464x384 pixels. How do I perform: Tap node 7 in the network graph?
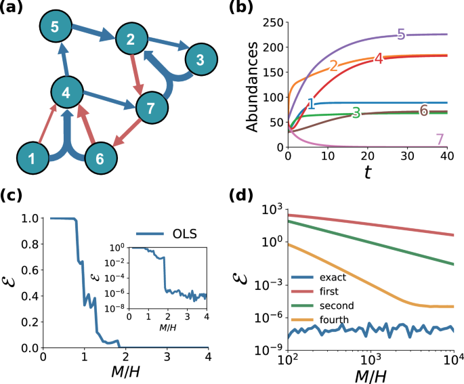(152, 108)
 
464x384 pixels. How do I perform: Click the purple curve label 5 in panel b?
(401, 35)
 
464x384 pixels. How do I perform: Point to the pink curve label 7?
(440, 140)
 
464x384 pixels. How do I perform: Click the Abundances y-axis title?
(252, 85)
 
